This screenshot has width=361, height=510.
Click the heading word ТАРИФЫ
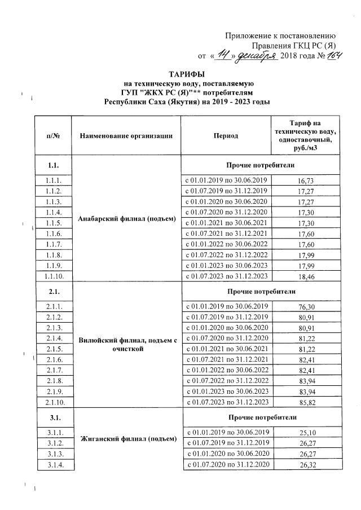187,74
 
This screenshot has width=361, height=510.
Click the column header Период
226,136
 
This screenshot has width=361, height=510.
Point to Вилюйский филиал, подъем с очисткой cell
128,344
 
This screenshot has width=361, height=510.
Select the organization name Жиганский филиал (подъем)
129,438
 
